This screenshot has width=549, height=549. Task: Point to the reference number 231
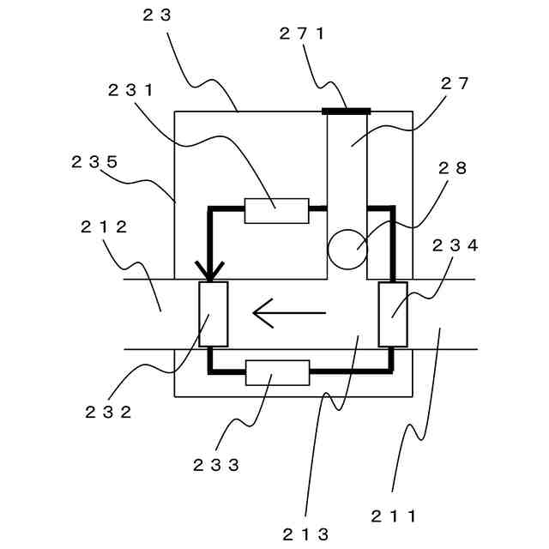click(131, 89)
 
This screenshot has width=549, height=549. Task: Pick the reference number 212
click(104, 227)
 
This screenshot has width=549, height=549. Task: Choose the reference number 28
click(454, 169)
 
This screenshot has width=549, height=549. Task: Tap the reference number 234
click(455, 246)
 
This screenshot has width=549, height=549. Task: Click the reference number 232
click(108, 411)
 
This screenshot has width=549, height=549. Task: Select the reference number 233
click(216, 465)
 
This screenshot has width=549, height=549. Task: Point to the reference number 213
click(305, 534)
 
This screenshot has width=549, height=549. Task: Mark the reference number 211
click(394, 516)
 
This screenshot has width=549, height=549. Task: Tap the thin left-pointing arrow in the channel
click(289, 313)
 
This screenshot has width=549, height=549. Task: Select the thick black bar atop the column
click(347, 111)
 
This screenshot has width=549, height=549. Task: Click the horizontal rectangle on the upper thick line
click(276, 210)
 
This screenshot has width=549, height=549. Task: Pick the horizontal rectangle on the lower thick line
click(277, 372)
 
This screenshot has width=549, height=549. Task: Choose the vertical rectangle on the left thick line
click(214, 314)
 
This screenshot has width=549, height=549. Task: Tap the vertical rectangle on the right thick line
click(393, 314)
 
